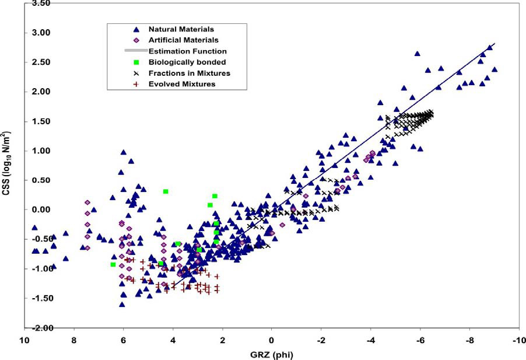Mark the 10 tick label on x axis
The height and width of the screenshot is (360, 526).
[25, 340]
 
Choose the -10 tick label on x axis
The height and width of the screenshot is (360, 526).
[516, 340]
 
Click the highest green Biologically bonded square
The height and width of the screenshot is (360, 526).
[166, 191]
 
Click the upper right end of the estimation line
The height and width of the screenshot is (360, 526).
[495, 44]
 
